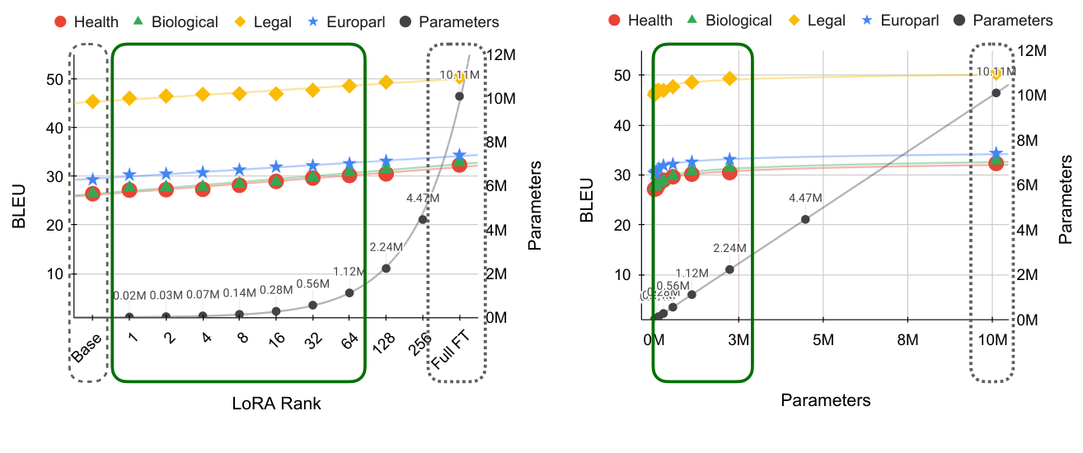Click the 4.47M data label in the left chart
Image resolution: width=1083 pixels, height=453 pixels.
tap(423, 198)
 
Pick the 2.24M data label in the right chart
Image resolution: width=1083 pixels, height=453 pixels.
tap(729, 248)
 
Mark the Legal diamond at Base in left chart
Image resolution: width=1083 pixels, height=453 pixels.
tap(92, 101)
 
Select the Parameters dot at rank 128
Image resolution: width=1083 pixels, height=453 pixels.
tap(386, 269)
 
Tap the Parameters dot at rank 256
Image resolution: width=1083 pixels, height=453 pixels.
tap(423, 219)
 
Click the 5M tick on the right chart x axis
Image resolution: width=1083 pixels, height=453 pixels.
tap(823, 339)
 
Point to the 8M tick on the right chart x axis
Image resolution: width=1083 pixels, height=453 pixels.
tap(907, 339)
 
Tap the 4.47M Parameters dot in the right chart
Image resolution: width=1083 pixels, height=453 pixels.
tap(805, 219)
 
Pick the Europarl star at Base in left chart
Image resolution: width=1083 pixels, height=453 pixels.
tap(92, 179)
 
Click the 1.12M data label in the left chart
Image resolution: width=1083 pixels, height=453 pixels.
tap(349, 272)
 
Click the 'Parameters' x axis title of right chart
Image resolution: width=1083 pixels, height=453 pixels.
tap(826, 400)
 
